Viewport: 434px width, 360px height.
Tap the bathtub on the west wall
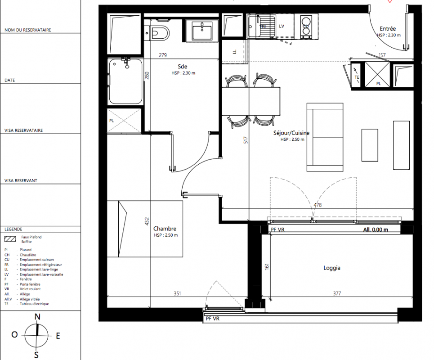[125, 81]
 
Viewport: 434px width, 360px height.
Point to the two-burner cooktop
[306, 26]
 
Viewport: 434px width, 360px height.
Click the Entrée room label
[388, 28]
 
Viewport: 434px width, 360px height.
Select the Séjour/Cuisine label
[291, 133]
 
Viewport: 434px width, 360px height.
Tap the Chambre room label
[165, 229]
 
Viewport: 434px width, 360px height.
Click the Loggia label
[332, 268]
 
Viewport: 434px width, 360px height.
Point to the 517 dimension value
[246, 140]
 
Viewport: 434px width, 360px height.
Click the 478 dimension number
[318, 205]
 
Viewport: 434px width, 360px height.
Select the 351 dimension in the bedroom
[177, 293]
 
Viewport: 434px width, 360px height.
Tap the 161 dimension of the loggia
[267, 266]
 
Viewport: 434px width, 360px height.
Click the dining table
[251, 101]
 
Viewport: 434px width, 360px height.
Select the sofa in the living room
[325, 137]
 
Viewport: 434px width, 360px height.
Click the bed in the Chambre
[145, 229]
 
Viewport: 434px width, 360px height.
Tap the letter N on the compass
[37, 317]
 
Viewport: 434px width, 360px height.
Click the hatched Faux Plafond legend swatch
[10, 239]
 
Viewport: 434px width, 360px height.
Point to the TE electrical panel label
[357, 77]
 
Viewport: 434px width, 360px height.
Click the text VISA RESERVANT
[21, 180]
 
